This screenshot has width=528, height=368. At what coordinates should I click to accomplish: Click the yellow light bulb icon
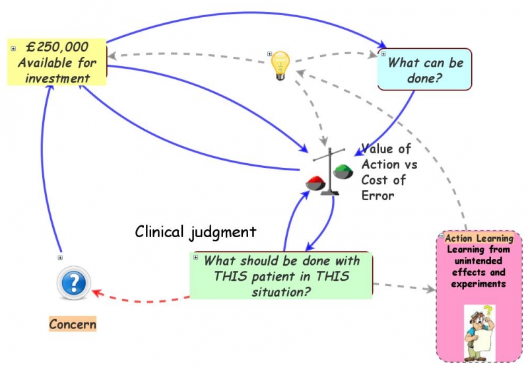[x=282, y=65]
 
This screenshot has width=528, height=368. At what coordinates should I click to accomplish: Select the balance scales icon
[x=325, y=173]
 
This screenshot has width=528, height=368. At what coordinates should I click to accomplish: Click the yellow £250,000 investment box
[x=57, y=63]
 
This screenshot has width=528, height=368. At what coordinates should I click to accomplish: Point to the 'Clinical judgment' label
[x=195, y=232]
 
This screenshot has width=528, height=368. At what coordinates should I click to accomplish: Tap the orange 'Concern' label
[x=73, y=324]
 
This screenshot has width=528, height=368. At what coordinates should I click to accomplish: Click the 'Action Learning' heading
[x=479, y=239]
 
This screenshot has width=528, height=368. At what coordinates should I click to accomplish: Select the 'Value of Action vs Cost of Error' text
[x=388, y=172]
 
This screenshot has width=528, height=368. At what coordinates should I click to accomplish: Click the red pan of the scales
[x=313, y=179]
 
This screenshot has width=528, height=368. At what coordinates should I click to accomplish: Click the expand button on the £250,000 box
[x=13, y=48]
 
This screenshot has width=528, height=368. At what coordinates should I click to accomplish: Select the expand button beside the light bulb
[x=269, y=54]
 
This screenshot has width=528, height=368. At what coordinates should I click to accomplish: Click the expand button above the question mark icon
[x=60, y=258]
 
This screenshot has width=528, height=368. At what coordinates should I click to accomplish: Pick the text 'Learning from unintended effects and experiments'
[x=479, y=267]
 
